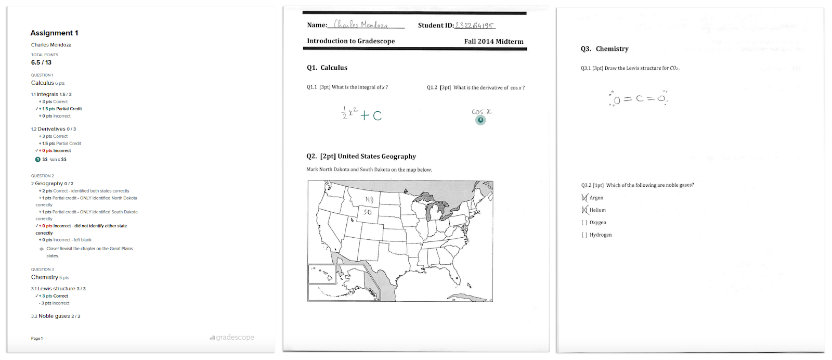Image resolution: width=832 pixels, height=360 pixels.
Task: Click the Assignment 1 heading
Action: coord(54,33)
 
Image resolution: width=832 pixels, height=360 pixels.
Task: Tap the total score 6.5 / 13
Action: coord(41,62)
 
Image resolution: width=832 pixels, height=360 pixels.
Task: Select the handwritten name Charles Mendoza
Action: coord(361,24)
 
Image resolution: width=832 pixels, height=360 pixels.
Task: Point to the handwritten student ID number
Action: coord(474,25)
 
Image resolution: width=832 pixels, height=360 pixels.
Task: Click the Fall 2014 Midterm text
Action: coord(493,42)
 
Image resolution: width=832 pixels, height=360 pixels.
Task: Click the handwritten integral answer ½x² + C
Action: coord(361,114)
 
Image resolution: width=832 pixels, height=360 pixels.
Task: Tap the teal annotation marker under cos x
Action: coord(480,120)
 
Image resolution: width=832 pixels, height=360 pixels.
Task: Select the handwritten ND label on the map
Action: coord(369,200)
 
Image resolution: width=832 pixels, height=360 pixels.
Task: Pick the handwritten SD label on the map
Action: coord(368,212)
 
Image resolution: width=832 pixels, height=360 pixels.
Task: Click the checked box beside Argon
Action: coord(584,198)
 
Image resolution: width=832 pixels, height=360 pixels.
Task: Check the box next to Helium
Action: coord(584,210)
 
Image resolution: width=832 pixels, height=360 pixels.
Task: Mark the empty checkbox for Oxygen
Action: coord(584,223)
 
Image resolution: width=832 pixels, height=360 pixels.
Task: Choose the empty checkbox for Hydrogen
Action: coord(584,235)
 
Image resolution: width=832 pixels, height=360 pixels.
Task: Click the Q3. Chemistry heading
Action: coord(604,49)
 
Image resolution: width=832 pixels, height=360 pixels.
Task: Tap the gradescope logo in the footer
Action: coord(232,338)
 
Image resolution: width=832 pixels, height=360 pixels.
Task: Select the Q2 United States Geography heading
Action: coord(361,156)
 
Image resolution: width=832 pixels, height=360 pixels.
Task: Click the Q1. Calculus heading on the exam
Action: coord(327,68)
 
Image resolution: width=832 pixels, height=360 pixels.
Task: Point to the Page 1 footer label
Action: coord(37,339)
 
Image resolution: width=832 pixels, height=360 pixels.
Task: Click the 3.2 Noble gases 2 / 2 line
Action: coord(56,316)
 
